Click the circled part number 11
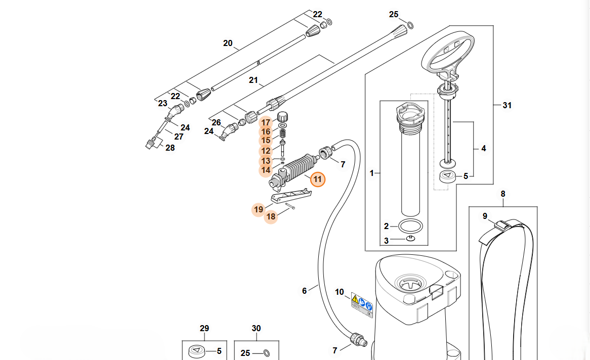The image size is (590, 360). tap(318, 179)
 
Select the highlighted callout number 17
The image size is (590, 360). tap(266, 123)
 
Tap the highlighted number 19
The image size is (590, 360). tap(259, 209)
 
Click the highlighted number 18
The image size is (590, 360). tap(271, 216)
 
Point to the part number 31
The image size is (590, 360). tap(507, 106)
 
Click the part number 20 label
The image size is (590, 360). tap(228, 43)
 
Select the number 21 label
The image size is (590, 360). tap(253, 80)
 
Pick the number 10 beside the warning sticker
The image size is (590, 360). tap(340, 292)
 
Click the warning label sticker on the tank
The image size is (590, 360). tap(362, 305)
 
